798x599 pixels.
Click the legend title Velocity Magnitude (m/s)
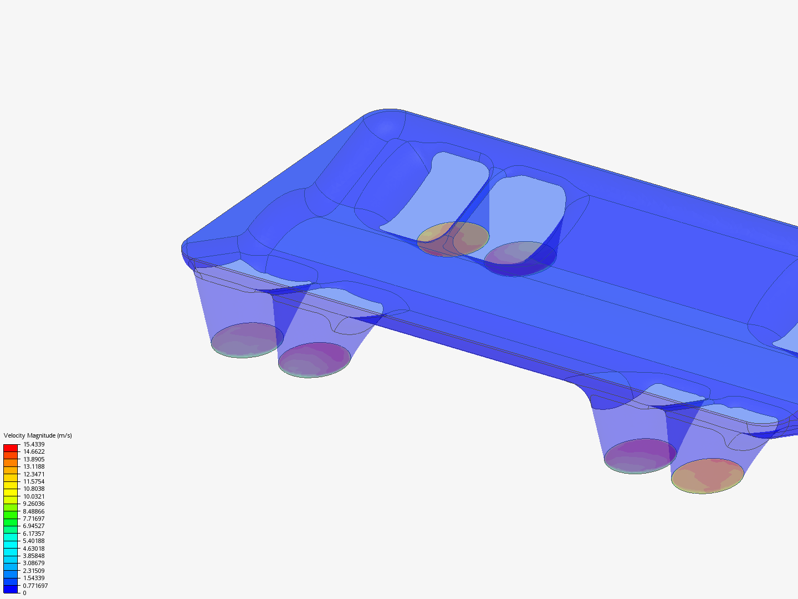click(38, 435)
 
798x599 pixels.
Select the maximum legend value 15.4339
click(34, 444)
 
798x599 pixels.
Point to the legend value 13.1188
click(34, 466)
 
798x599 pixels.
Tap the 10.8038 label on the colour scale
click(34, 489)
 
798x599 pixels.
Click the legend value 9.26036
click(34, 504)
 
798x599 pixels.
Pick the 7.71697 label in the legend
click(34, 519)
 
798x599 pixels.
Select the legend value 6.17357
click(34, 534)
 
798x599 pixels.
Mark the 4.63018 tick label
click(34, 549)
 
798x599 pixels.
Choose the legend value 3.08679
click(34, 563)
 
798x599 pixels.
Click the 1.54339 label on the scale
click(34, 578)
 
